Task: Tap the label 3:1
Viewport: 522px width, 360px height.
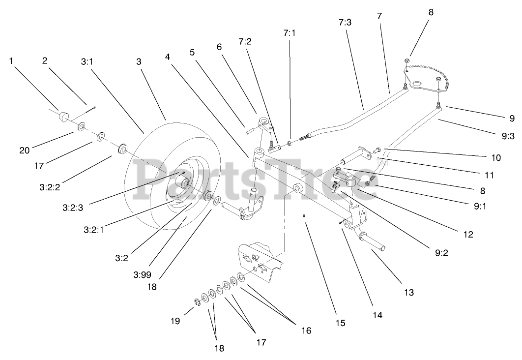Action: [x=87, y=62]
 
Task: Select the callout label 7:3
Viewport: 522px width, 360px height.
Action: [x=346, y=22]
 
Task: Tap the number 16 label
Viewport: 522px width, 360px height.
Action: [x=306, y=331]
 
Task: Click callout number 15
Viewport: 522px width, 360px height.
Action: [x=341, y=323]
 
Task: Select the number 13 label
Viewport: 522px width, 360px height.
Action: [x=409, y=292]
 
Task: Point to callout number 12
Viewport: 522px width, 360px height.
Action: [x=467, y=235]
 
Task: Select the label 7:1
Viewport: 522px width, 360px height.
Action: [x=290, y=33]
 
